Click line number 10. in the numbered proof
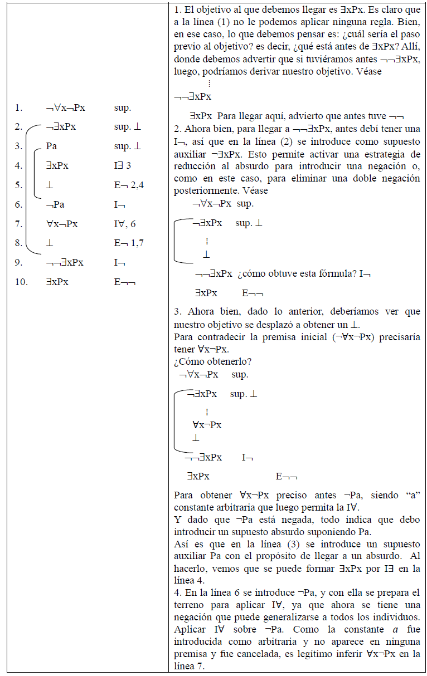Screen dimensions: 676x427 (x=21, y=282)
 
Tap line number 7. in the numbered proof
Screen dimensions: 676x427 (x=19, y=224)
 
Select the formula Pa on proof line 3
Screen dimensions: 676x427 (x=52, y=146)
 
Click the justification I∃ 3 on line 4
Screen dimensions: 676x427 (x=123, y=165)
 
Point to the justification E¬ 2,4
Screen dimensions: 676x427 (x=127, y=185)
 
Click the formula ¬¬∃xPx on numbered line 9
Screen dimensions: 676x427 (x=65, y=262)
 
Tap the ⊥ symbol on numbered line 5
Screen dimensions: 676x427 (x=50, y=185)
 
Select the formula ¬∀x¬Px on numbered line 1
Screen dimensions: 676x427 (x=69, y=107)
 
